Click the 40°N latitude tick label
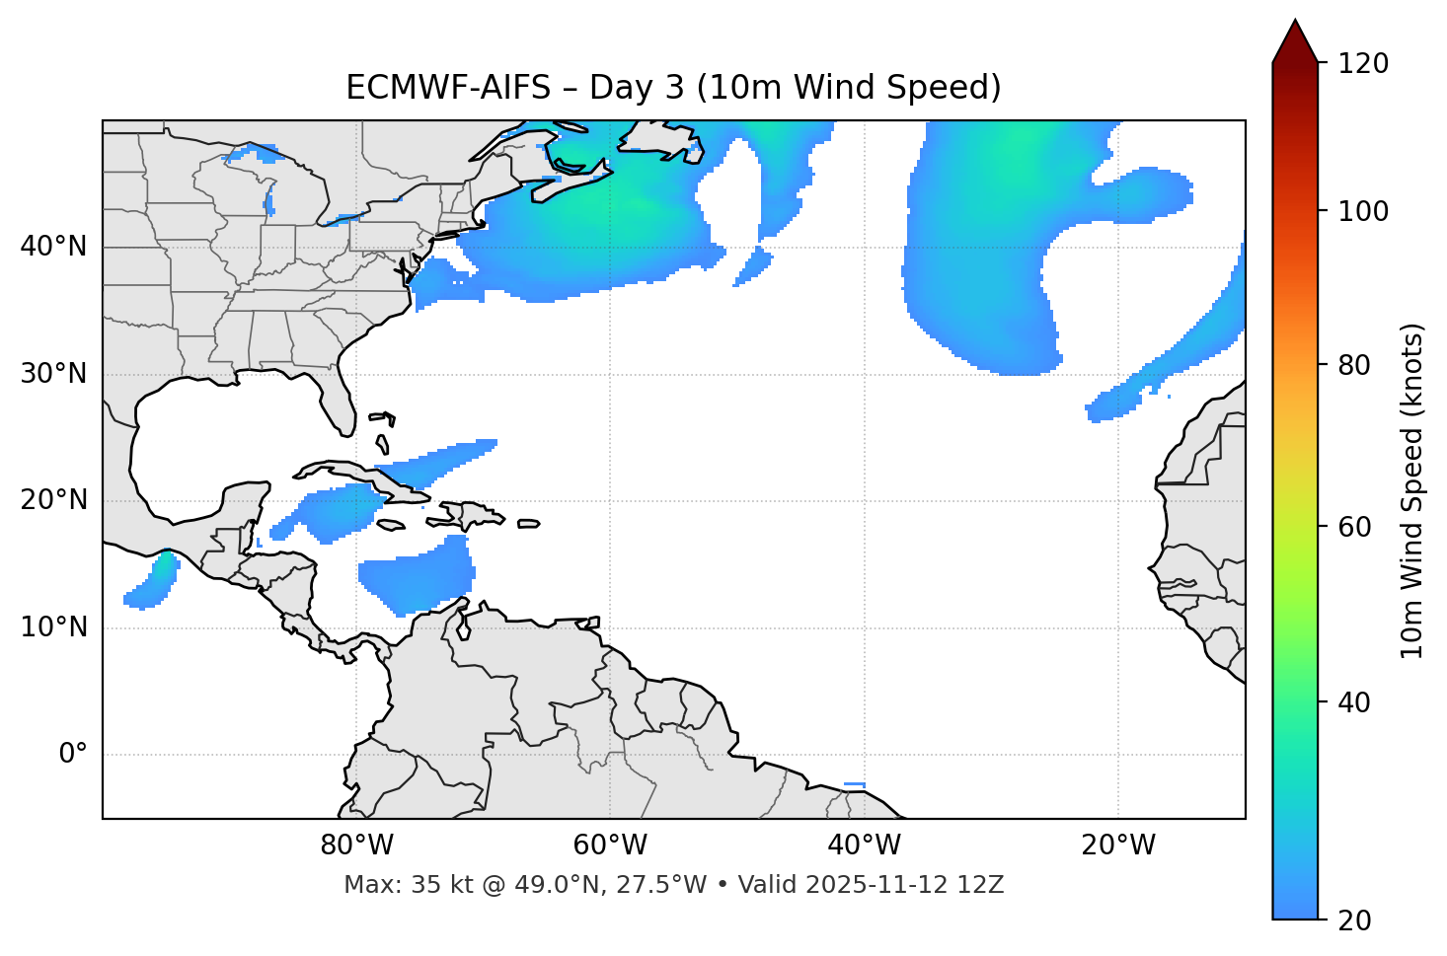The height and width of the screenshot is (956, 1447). (x=53, y=247)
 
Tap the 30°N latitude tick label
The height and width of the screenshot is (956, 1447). (x=53, y=374)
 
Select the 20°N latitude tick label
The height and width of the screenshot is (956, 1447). (x=53, y=500)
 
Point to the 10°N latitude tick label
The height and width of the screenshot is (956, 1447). (x=53, y=627)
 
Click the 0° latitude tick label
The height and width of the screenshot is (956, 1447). (x=73, y=755)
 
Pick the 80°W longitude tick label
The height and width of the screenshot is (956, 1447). (x=356, y=846)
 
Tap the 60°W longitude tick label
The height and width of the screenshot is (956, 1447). (x=610, y=846)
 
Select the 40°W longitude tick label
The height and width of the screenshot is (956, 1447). (x=864, y=846)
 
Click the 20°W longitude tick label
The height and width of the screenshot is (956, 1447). (x=1118, y=846)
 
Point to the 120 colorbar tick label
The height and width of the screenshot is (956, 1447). (x=1363, y=64)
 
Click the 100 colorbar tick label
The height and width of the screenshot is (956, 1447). (x=1363, y=211)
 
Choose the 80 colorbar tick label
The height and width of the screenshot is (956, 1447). (x=1352, y=365)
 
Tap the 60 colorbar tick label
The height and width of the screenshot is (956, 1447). (x=1352, y=527)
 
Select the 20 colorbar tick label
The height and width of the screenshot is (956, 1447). (x=1352, y=920)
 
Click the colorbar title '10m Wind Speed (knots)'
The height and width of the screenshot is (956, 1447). (x=1412, y=491)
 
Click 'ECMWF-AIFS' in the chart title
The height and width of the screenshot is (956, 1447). (x=447, y=88)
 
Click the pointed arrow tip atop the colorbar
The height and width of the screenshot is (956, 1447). (x=1295, y=24)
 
